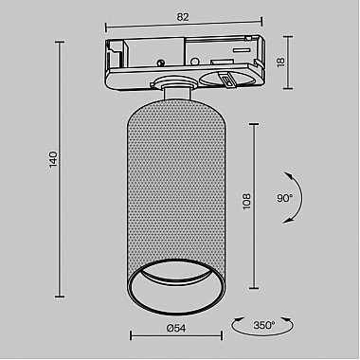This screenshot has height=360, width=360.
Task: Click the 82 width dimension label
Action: (x=183, y=17)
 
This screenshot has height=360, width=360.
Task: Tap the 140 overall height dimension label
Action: (x=54, y=159)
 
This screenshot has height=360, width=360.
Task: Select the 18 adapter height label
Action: (x=280, y=61)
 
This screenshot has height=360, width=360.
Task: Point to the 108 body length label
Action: (x=246, y=201)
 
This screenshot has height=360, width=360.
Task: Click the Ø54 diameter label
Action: (x=176, y=329)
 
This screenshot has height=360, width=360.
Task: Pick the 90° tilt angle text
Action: (x=285, y=198)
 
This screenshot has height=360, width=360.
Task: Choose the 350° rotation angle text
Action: (x=264, y=325)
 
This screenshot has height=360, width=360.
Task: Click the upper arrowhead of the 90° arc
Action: (x=287, y=174)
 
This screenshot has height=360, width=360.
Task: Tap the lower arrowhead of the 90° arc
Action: (x=287, y=220)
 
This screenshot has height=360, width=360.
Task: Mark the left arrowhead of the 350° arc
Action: (x=238, y=320)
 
